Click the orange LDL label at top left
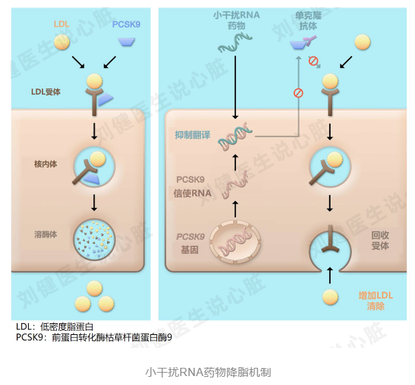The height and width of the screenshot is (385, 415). [x=62, y=24]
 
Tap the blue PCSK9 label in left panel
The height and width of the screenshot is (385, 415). [x=126, y=24]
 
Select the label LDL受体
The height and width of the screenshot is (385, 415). [x=46, y=92]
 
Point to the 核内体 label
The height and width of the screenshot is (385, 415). [x=45, y=164]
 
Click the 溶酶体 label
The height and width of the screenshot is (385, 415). [x=45, y=234]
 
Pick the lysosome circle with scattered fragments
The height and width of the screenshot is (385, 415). [x=94, y=240]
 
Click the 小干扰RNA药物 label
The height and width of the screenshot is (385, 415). [x=237, y=21]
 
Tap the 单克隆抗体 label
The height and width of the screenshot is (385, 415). [x=308, y=21]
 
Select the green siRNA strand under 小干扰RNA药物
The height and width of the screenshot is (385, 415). [x=235, y=43]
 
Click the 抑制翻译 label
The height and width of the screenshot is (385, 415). [x=193, y=135]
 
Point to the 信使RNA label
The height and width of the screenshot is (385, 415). [x=193, y=194]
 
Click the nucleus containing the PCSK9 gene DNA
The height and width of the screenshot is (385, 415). [x=235, y=242]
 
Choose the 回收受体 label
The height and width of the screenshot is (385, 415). [x=380, y=240]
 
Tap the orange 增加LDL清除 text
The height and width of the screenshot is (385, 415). [x=376, y=301]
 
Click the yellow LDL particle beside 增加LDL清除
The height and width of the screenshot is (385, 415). [x=331, y=297]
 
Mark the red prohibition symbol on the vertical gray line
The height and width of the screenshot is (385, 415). [x=298, y=93]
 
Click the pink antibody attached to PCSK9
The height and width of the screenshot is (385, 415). [x=309, y=40]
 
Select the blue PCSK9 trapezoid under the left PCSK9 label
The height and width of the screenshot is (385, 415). [x=126, y=42]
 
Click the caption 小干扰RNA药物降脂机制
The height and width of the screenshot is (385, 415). [x=208, y=372]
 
